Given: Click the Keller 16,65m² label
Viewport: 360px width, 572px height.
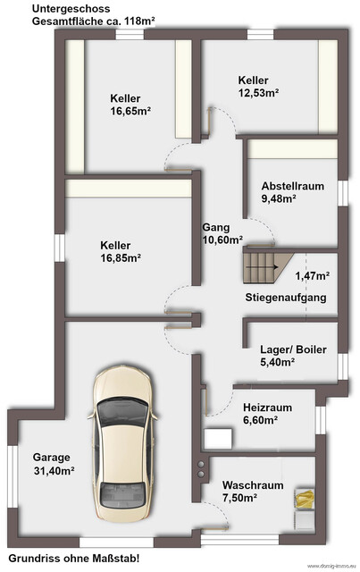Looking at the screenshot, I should (130, 105).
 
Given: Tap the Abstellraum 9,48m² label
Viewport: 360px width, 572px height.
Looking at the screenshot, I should (292, 192).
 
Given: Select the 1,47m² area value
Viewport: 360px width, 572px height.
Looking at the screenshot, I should (312, 276).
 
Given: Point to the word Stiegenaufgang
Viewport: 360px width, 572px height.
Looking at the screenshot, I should (286, 298).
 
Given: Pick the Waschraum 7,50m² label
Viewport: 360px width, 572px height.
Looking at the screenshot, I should (253, 491).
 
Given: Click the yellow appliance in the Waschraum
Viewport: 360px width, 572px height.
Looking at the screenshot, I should (305, 498).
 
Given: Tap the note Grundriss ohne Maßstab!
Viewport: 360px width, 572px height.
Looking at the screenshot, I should (73, 559).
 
